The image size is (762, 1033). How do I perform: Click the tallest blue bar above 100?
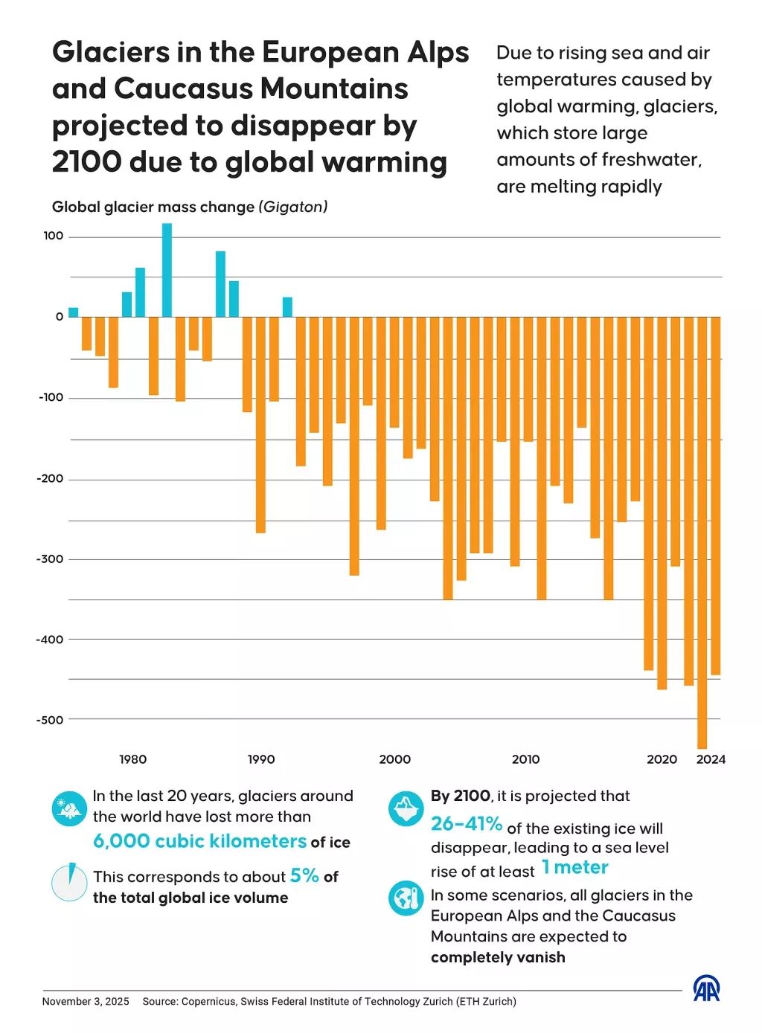[x=167, y=269]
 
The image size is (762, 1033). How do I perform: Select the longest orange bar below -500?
[x=702, y=532]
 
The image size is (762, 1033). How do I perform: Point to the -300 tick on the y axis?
[x=50, y=559]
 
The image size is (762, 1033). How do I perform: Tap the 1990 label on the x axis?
[x=261, y=759]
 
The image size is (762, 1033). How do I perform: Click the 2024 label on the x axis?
[x=711, y=759]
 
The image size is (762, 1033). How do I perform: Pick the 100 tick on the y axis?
[x=54, y=236]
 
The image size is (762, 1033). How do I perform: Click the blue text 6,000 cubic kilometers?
[x=199, y=841]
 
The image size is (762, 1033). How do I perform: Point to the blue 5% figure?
[x=304, y=875]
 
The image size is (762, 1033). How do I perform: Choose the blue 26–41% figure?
[x=467, y=824]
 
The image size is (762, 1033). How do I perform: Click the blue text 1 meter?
[x=575, y=868]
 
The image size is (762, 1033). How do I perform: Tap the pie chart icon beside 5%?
[x=70, y=882]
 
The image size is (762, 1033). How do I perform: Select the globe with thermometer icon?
[x=406, y=898]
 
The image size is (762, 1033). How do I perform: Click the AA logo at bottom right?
[x=706, y=988]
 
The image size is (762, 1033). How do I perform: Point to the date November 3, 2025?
[x=86, y=1002]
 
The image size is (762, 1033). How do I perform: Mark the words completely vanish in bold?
[x=498, y=958]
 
